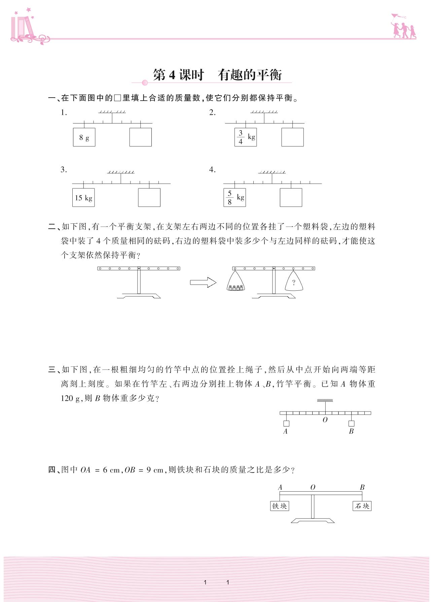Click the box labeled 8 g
[84, 137]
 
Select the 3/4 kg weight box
[246, 137]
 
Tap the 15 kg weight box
[83, 198]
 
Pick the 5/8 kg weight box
[234, 198]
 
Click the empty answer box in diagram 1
[140, 137]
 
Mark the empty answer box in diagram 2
[292, 137]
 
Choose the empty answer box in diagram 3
[149, 198]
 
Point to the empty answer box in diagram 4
[291, 198]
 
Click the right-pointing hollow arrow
[203, 282]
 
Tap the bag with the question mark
[294, 282]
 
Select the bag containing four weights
[236, 282]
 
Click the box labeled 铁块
[280, 506]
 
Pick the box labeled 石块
[362, 506]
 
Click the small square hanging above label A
[286, 424]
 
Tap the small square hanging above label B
[351, 424]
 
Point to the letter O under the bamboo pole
[325, 420]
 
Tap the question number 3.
[64, 170]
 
